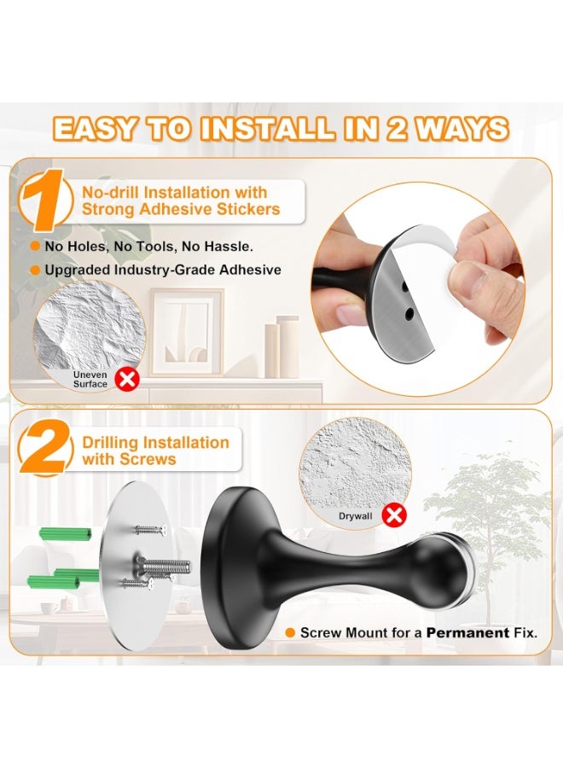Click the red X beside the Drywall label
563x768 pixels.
pos(393,515)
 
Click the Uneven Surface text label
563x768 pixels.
pos(90,379)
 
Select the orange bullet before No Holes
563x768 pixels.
pos(35,245)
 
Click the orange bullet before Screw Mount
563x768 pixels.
pos(290,632)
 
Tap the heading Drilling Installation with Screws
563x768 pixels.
pos(155,451)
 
